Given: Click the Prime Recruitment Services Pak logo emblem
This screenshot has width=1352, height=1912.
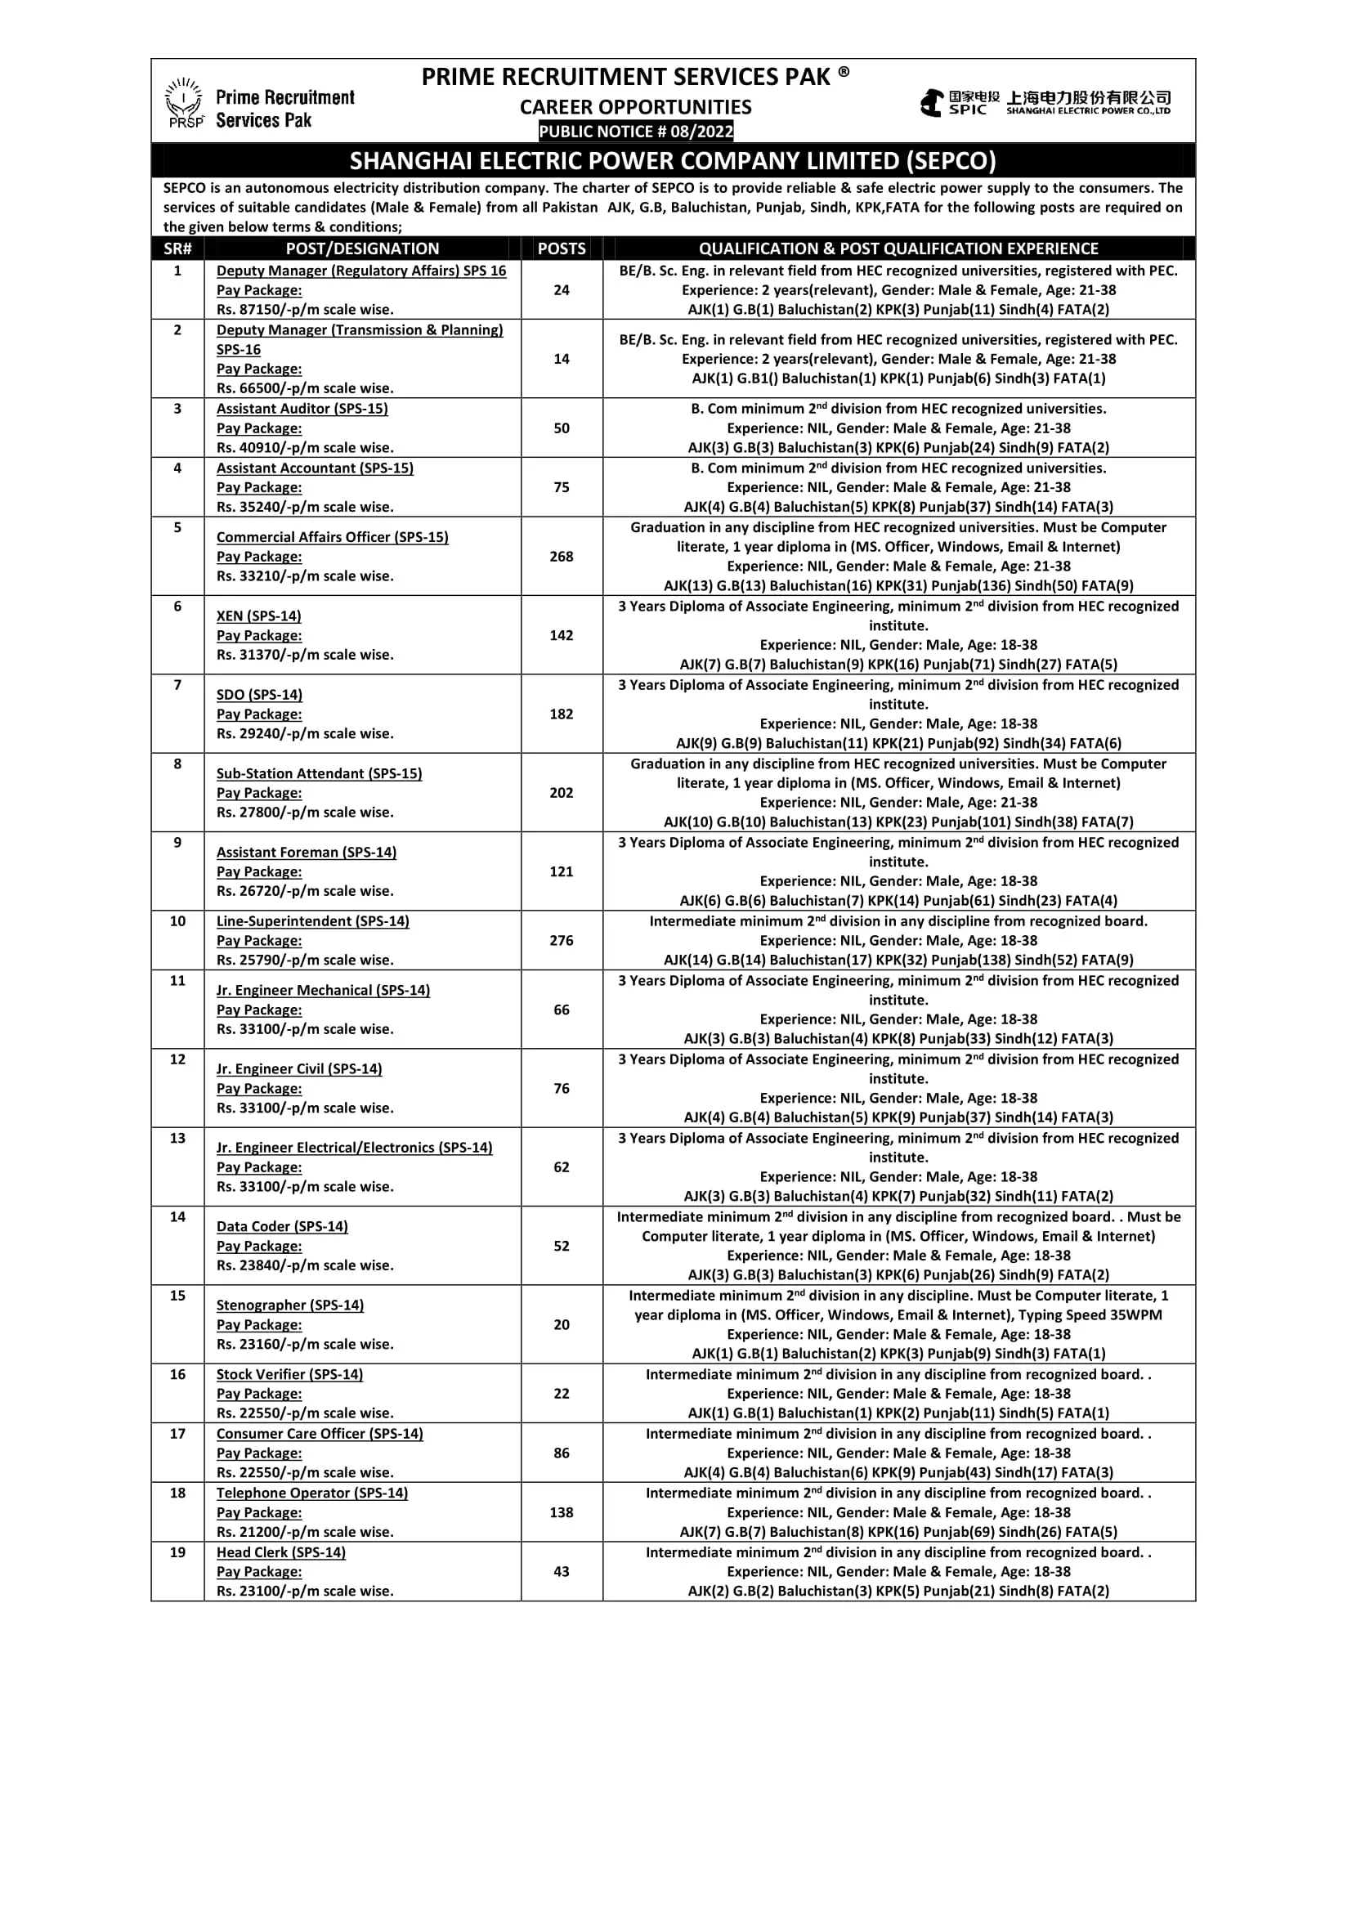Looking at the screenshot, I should pyautogui.click(x=184, y=102).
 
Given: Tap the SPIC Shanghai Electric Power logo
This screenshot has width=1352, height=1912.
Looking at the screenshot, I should pyautogui.click(x=1045, y=103).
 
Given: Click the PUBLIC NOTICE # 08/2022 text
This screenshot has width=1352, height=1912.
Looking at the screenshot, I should pyautogui.click(x=636, y=132).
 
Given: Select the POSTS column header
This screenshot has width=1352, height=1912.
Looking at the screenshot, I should pyautogui.click(x=562, y=249).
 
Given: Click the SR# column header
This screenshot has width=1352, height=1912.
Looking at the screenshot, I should pyautogui.click(x=177, y=249).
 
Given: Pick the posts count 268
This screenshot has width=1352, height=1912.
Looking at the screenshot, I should pyautogui.click(x=562, y=557).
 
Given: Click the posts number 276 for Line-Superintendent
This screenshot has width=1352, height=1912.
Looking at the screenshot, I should pyautogui.click(x=562, y=940).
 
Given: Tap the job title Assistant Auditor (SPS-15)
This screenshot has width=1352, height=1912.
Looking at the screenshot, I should pyautogui.click(x=302, y=409).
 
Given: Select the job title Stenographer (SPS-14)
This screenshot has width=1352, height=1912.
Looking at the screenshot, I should pyautogui.click(x=289, y=1305).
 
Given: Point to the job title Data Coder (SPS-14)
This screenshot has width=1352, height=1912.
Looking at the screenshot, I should pyautogui.click(x=282, y=1226).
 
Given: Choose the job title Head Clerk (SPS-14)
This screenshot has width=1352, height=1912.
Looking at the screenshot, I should pyautogui.click(x=280, y=1552).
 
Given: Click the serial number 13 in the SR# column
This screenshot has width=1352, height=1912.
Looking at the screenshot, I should pyautogui.click(x=177, y=1138).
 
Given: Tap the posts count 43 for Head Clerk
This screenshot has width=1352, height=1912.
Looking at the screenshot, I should pyautogui.click(x=562, y=1571).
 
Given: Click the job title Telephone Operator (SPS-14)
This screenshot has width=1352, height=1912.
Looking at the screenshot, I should pyautogui.click(x=312, y=1493).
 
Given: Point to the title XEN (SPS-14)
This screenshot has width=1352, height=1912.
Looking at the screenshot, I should pyautogui.click(x=259, y=616).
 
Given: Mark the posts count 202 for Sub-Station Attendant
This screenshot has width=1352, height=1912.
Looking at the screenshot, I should pyautogui.click(x=562, y=793).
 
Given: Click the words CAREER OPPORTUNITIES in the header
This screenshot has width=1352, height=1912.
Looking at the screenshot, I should pyautogui.click(x=635, y=107).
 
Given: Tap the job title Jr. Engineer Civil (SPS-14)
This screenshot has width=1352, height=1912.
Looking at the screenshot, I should pyautogui.click(x=299, y=1068).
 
